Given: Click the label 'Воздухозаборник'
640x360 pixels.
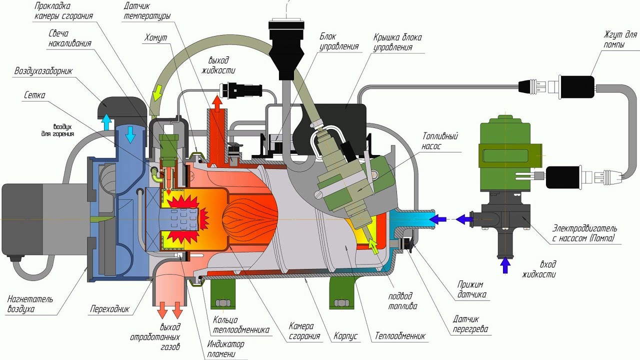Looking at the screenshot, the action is click(x=43, y=71).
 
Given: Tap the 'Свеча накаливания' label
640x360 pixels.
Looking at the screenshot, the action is click(x=70, y=38).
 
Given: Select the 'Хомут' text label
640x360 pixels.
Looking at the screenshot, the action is click(x=155, y=37).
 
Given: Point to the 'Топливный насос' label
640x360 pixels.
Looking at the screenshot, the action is click(x=440, y=140).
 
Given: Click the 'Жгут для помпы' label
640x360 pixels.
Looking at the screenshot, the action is click(x=620, y=39).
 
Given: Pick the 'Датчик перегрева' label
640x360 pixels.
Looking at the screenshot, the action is click(x=470, y=324).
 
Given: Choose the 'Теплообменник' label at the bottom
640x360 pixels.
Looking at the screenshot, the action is click(x=400, y=335).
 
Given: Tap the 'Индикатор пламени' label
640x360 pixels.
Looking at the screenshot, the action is click(x=225, y=348).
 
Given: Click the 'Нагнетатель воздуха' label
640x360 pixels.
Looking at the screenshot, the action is click(x=30, y=304).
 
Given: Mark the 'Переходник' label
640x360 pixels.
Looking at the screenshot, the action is click(x=109, y=309).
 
